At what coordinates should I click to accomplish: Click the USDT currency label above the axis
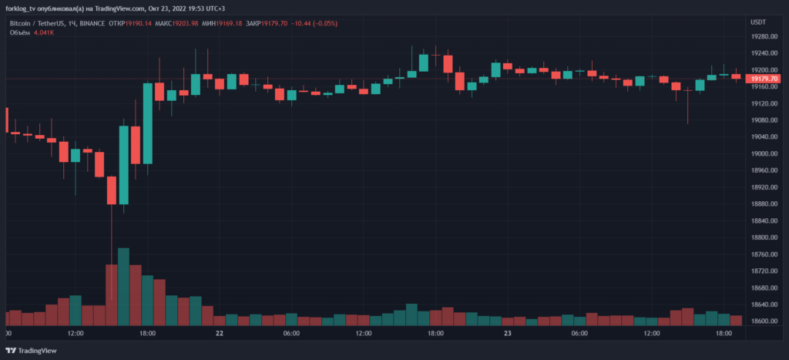(x=758, y=22)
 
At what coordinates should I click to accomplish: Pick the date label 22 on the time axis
(x=220, y=334)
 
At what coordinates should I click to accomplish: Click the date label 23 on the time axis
(x=508, y=334)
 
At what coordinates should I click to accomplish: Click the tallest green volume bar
(x=123, y=286)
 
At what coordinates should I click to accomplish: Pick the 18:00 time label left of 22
(x=148, y=334)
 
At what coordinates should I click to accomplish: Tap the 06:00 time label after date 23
(x=579, y=334)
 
